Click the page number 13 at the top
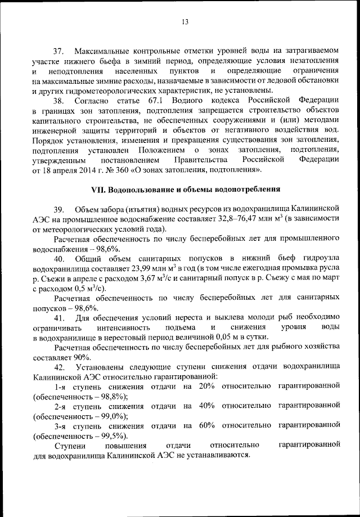184,22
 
